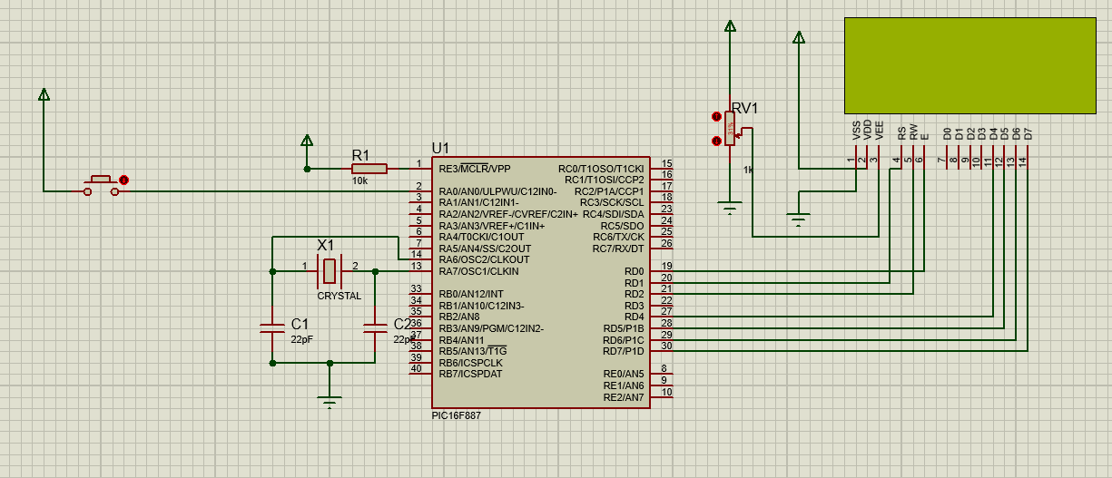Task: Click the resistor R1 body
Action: coord(369,168)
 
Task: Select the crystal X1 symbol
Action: coord(330,269)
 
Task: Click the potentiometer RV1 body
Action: coord(730,132)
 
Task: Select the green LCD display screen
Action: coord(969,65)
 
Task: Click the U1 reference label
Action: coord(440,148)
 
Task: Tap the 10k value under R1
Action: coord(359,181)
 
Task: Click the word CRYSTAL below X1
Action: coord(339,296)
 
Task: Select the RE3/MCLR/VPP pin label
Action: coord(474,169)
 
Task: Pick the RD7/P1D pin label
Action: coord(623,351)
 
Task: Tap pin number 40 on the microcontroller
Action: coord(416,368)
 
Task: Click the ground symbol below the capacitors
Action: coord(330,401)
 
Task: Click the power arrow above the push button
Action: coord(44,94)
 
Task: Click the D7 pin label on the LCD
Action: coord(1028,133)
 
